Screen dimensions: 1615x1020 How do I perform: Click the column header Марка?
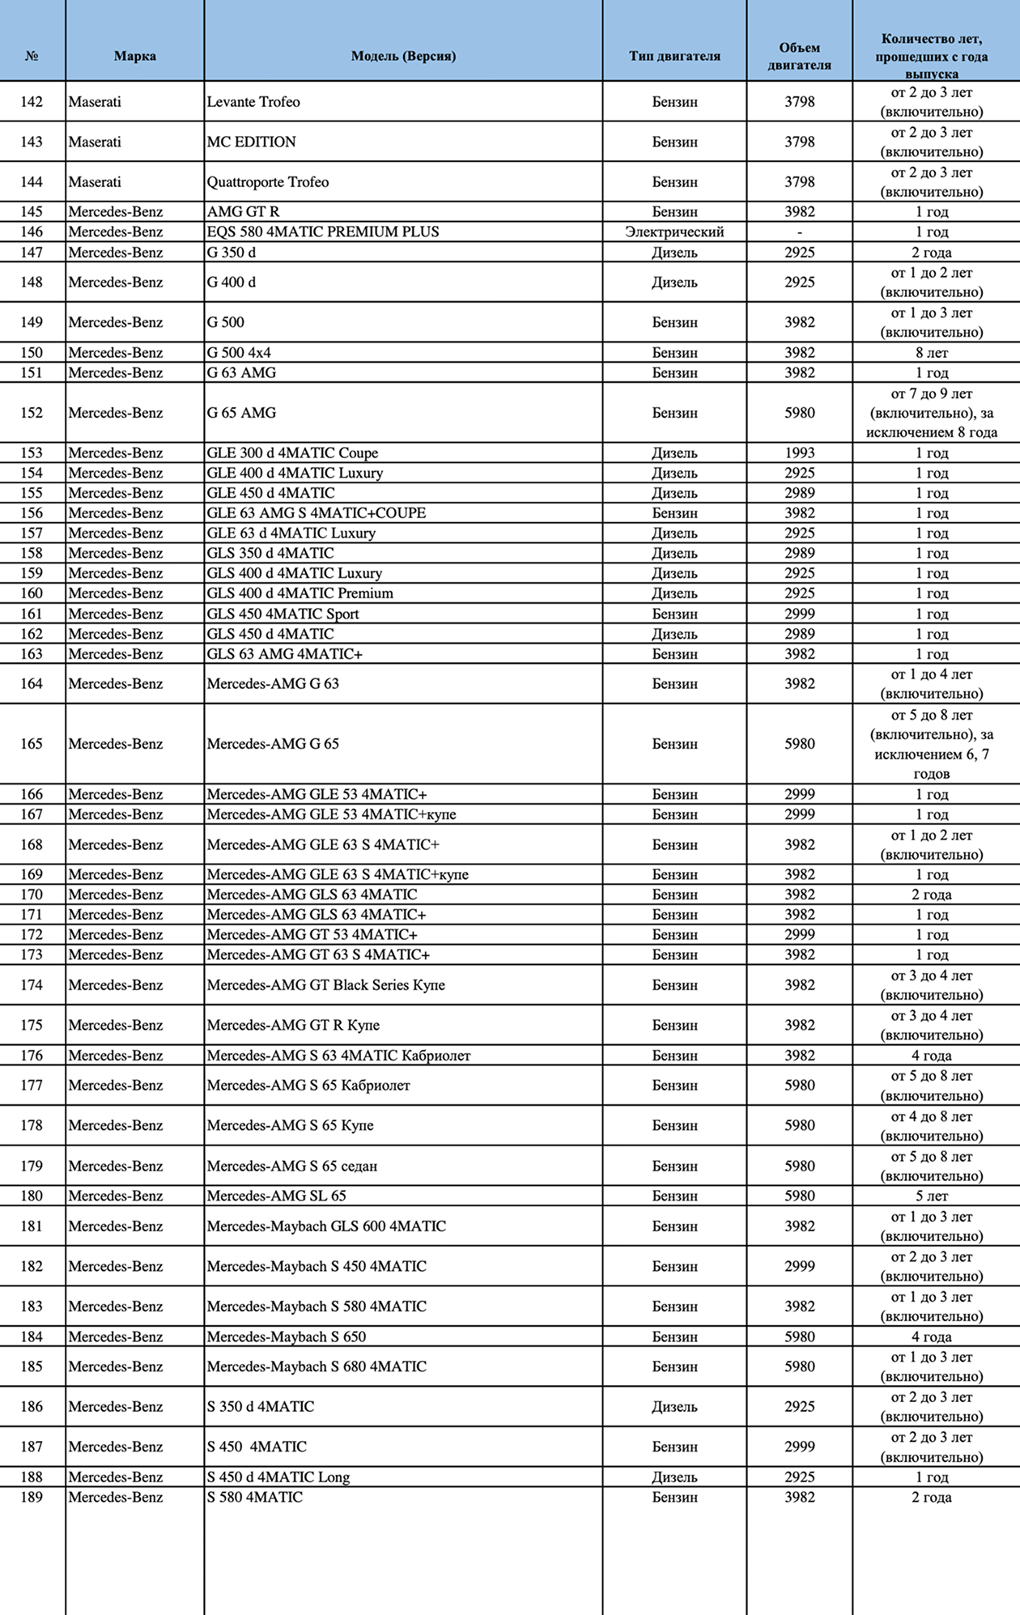134,56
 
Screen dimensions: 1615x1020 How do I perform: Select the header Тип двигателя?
674,56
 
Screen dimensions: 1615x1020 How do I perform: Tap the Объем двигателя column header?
799,56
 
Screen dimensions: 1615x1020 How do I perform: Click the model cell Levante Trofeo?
253,102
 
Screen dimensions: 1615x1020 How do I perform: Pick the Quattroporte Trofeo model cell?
268,182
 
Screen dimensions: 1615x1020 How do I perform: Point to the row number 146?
32,232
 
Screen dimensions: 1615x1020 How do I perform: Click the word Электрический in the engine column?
674,232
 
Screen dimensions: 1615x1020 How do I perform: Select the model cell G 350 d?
232,253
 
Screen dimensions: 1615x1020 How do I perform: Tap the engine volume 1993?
799,453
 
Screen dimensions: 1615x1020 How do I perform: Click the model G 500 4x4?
239,353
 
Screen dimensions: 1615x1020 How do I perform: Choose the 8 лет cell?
932,353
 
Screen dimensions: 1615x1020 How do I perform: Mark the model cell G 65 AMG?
241,413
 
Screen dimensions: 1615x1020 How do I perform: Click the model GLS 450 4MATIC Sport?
283,614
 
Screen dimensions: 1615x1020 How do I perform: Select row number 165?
32,744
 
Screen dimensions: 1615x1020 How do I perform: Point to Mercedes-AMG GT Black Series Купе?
325,985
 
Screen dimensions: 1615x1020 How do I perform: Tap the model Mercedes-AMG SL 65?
276,1196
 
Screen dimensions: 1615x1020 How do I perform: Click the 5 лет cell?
932,1196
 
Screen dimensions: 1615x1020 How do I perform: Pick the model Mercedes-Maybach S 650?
286,1337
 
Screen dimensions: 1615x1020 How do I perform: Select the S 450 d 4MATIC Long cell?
278,1477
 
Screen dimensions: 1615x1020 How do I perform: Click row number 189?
32,1498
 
